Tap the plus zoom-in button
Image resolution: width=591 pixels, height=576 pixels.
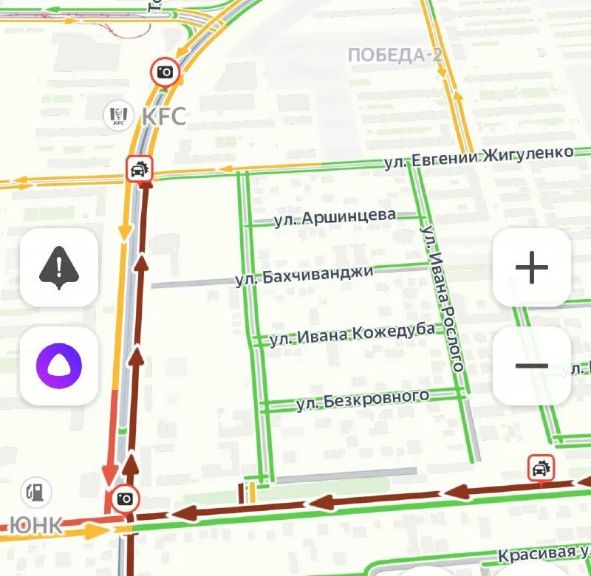click(x=531, y=267)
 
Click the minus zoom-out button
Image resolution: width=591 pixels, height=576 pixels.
click(x=531, y=366)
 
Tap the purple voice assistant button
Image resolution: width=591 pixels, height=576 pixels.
click(x=59, y=366)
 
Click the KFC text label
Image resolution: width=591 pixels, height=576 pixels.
click(x=163, y=116)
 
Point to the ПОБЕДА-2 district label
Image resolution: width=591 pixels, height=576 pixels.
click(x=394, y=55)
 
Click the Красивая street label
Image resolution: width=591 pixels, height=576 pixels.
click(x=543, y=554)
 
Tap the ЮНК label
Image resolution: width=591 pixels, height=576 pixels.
click(x=35, y=525)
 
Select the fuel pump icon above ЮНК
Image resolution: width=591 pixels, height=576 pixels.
click(x=35, y=491)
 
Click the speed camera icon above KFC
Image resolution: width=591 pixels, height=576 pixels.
click(x=165, y=72)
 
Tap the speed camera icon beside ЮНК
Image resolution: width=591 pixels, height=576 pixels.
click(x=126, y=498)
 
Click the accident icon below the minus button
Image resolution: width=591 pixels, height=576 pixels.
click(x=542, y=467)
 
